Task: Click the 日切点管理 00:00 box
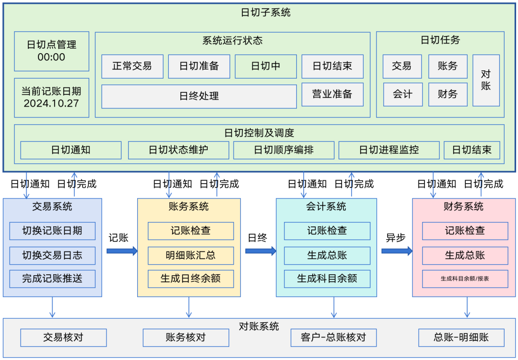tap(52, 51)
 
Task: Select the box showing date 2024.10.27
tap(52, 97)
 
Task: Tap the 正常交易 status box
tap(132, 66)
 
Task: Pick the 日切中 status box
tap(266, 66)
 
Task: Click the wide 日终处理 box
tap(199, 96)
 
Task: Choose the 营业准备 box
tap(332, 94)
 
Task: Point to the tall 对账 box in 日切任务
tap(486, 80)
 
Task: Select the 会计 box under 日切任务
tap(402, 94)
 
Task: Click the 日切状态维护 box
tap(178, 150)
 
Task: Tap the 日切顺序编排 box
tap(284, 150)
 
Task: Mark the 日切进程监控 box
tap(389, 150)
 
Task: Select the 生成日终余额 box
tap(191, 279)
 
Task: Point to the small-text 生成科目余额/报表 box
tap(465, 279)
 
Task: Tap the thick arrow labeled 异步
tap(397, 251)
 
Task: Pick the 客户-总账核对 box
tap(333, 337)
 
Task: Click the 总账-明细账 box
tap(461, 337)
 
